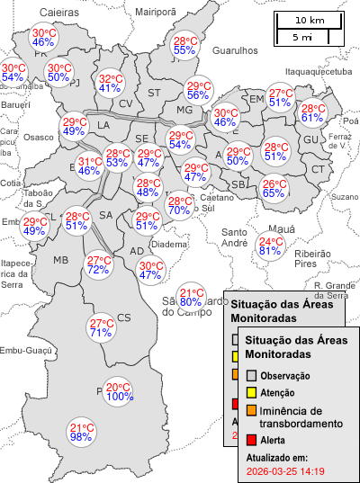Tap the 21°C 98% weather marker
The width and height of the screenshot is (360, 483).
click(82, 432)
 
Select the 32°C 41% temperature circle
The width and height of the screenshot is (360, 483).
click(110, 83)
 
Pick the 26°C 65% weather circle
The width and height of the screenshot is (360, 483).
click(274, 188)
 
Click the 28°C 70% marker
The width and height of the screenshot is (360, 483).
click(179, 206)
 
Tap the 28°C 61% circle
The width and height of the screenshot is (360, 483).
click(312, 112)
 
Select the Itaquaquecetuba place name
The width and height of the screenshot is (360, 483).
click(317, 71)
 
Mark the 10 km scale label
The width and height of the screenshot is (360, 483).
click(310, 20)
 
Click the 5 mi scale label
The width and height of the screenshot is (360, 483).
click(302, 37)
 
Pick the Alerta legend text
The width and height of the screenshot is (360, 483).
click(274, 440)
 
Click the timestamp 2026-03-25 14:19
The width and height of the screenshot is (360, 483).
click(285, 470)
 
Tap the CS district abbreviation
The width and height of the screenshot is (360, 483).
click(124, 317)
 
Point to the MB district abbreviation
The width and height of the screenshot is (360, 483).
click(60, 260)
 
